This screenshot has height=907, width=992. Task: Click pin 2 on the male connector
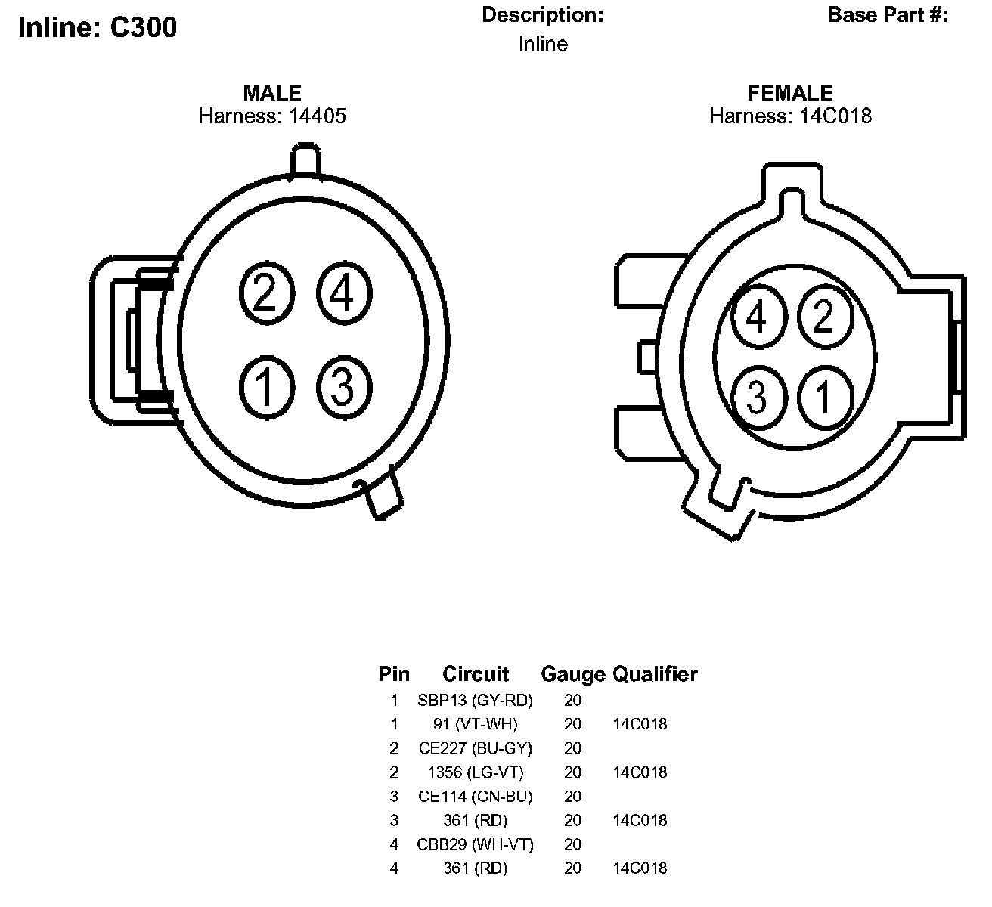(267, 293)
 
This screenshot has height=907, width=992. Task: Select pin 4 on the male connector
(344, 293)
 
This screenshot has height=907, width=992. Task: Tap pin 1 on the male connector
(267, 387)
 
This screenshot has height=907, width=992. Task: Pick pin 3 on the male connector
(344, 387)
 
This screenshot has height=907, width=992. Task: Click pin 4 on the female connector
(758, 317)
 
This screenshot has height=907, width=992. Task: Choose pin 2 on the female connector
(826, 317)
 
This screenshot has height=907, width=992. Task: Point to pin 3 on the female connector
(758, 397)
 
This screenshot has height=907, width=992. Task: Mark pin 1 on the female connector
(826, 397)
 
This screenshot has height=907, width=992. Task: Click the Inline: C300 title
(98, 26)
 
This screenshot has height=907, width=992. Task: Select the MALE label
(272, 93)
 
